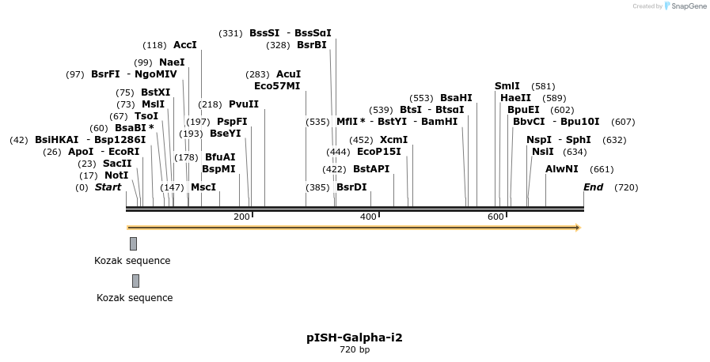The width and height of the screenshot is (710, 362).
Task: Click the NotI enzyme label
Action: (116, 175)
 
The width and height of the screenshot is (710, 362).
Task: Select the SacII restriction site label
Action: (117, 164)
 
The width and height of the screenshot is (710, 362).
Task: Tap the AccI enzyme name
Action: (184, 45)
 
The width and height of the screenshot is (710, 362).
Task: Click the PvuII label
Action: (244, 104)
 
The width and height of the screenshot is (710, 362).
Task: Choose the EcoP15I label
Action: (378, 152)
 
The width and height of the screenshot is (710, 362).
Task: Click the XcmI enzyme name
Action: (393, 140)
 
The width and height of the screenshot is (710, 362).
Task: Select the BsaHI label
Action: (456, 98)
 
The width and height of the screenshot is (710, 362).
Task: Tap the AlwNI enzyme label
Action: (562, 169)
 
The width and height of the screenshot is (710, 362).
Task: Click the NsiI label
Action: (543, 152)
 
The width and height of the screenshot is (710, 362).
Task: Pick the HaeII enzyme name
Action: (516, 98)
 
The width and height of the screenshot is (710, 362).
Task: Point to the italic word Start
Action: (108, 187)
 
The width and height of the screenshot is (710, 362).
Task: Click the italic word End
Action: (593, 187)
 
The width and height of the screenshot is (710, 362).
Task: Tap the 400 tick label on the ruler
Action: (368, 217)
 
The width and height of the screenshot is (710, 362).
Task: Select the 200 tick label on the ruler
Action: (241, 217)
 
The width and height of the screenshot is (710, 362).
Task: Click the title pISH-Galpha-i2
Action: (355, 337)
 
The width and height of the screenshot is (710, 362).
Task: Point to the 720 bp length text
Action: (355, 349)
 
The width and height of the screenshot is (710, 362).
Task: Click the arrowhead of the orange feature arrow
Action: (578, 228)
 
